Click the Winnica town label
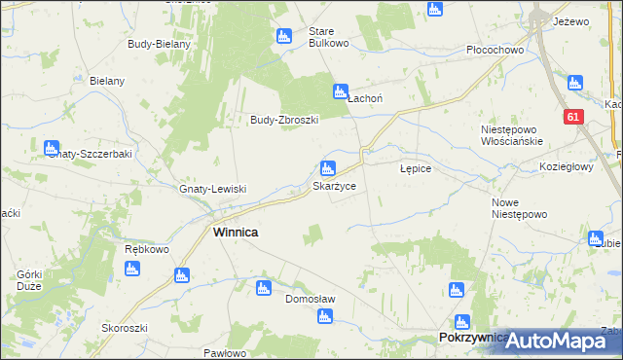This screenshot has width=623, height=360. coord(236,233)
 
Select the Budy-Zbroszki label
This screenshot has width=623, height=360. coord(285,120)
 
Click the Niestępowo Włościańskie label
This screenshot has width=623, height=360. coord(510,135)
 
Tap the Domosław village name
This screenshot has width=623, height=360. coord(310,300)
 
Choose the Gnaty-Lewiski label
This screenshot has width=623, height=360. coord(213,189)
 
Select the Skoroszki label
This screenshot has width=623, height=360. coord(124,328)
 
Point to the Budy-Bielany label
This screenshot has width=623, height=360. coord(159,44)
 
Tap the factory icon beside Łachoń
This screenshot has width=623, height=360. coord(341,90)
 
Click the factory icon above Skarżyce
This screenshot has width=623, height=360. coord(329,167)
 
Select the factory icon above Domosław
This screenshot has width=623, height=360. coord(262,287)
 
